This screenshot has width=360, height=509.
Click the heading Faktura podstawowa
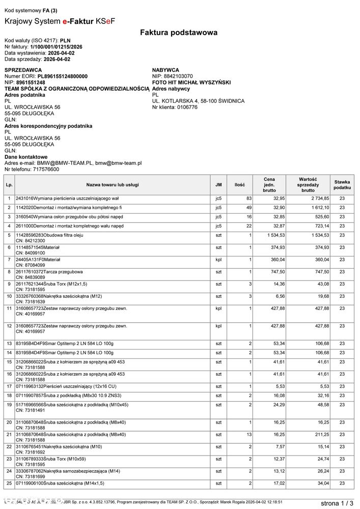pyautogui.click(x=179, y=33)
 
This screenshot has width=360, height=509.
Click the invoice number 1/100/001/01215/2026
pyautogui.click(x=57, y=46)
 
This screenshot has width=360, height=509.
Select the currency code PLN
pyautogui.click(x=66, y=40)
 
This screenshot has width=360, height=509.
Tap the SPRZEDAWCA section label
pyautogui.click(x=23, y=70)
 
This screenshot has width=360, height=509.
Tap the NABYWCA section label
pyautogui.click(x=165, y=70)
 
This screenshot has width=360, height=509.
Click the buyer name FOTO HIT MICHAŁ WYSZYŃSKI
pyautogui.click(x=191, y=82)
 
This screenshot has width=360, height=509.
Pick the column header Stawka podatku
pyautogui.click(x=342, y=185)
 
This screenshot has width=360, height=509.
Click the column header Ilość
pyautogui.click(x=239, y=185)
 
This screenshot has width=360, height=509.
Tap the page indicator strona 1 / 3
pyautogui.click(x=337, y=503)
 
